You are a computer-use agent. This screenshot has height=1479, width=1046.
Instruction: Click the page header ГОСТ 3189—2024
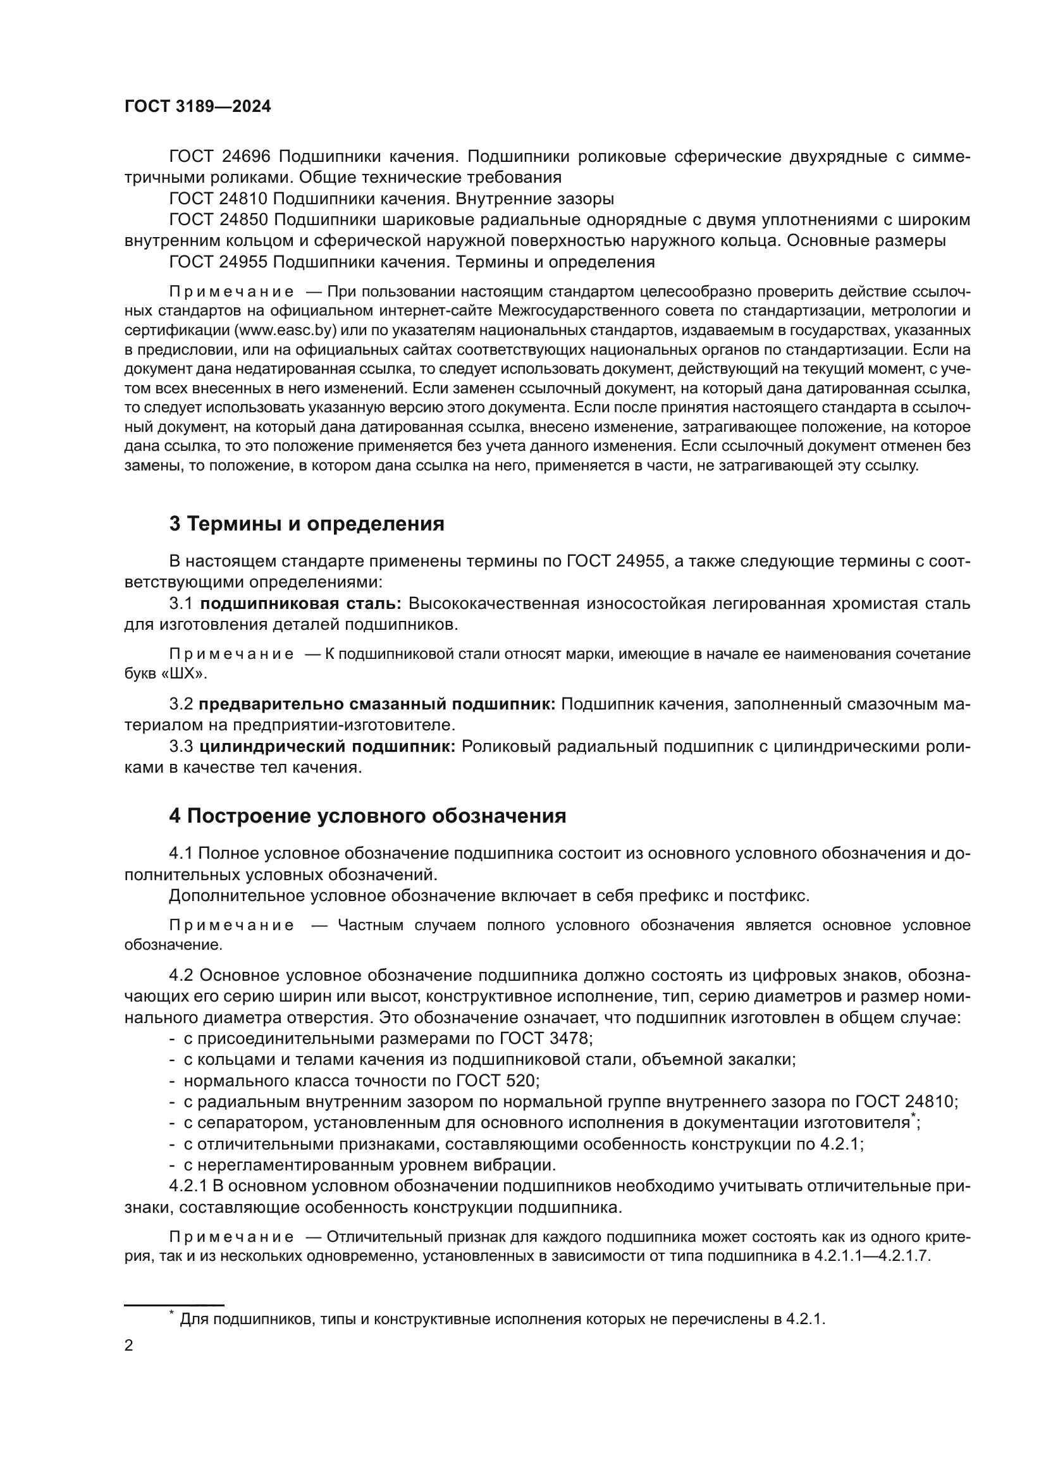(x=198, y=107)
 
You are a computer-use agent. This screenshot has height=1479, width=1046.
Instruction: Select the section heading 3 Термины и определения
(x=307, y=524)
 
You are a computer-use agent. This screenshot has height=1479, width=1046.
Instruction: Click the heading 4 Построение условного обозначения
(x=367, y=816)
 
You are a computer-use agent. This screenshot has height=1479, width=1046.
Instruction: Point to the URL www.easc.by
(x=286, y=331)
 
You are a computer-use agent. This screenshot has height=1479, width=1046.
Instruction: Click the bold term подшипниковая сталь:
(x=301, y=604)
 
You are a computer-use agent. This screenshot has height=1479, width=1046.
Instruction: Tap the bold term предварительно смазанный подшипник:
(x=378, y=704)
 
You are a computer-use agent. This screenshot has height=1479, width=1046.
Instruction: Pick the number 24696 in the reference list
(x=246, y=157)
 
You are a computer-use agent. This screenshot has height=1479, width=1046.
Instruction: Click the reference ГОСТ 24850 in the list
(x=218, y=220)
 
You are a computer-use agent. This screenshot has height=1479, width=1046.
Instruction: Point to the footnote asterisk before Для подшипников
(x=171, y=1312)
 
